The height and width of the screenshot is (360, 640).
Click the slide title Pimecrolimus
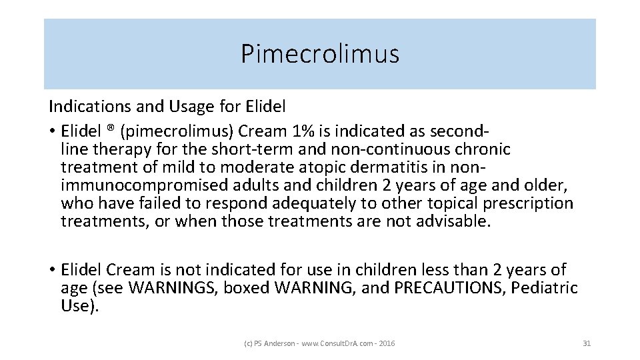(x=320, y=54)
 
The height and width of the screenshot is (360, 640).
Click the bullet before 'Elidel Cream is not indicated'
(x=51, y=270)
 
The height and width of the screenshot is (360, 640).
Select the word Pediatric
(x=547, y=289)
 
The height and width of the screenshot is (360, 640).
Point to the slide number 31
(x=587, y=343)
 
